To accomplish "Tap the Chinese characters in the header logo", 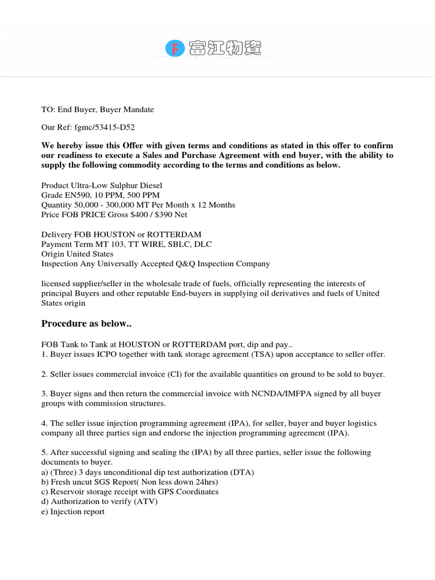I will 226,49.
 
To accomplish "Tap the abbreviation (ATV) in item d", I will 146,501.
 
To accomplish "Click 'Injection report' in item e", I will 78,511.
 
